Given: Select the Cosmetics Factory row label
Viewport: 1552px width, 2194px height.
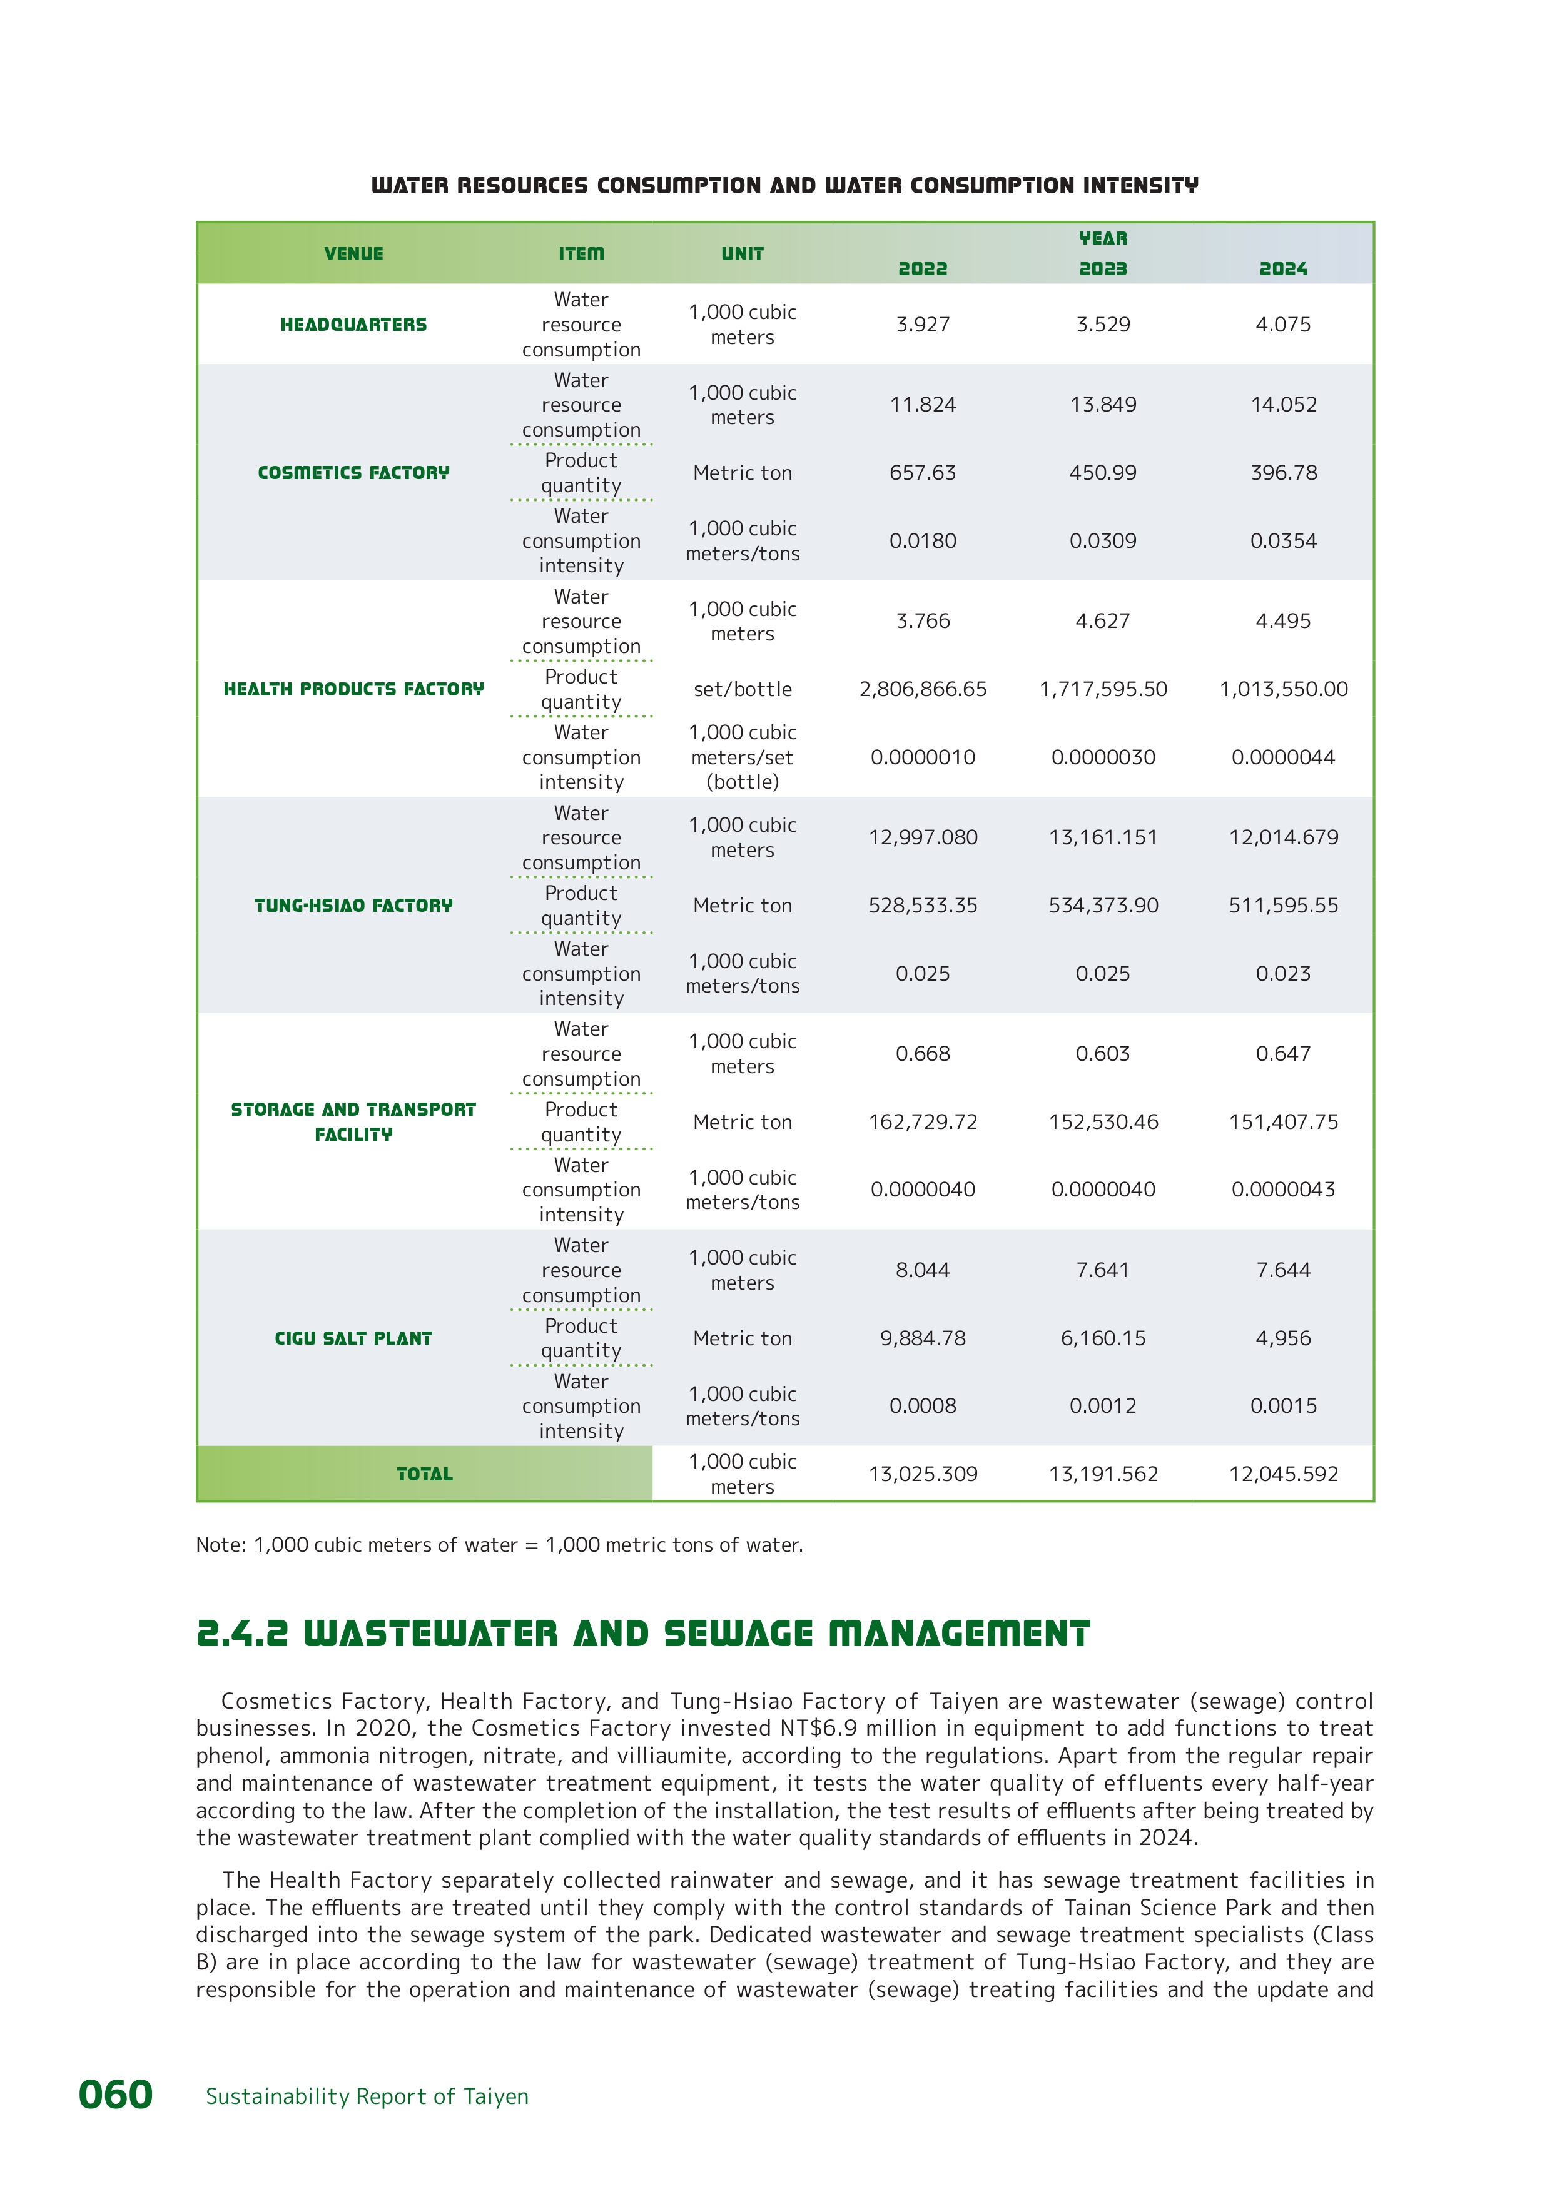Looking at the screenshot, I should tap(353, 473).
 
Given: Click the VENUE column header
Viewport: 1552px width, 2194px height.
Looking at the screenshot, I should tap(353, 254).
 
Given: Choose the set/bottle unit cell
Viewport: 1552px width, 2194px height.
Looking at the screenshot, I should tap(743, 689).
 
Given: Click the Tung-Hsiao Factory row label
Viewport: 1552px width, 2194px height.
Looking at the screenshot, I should tap(353, 905).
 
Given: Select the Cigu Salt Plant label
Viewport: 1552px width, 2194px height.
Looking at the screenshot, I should tap(353, 1338).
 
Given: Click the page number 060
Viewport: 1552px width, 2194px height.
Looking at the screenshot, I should tap(116, 2095).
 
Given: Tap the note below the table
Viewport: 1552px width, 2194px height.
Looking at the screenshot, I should tap(499, 1544).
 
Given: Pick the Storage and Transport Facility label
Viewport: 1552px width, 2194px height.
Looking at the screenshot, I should tap(353, 1121).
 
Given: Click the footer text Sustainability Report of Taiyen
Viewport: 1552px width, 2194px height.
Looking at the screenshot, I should tap(367, 2096).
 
